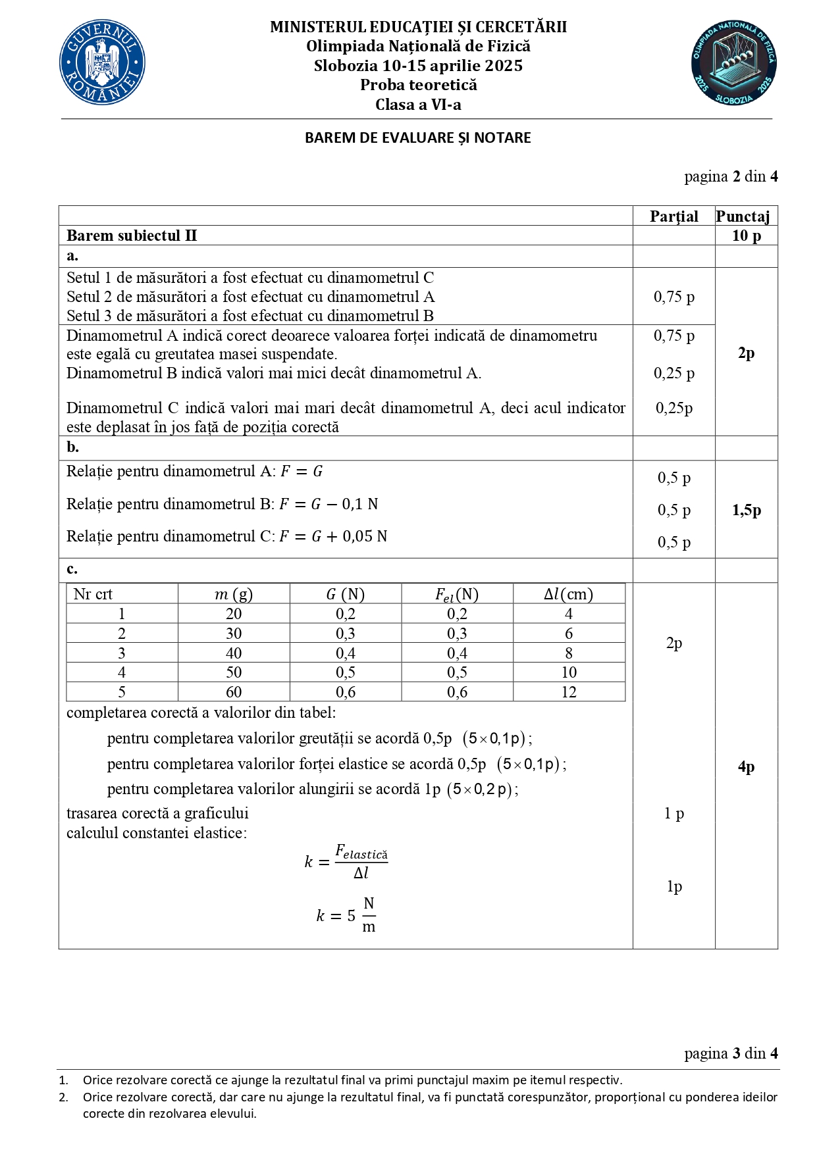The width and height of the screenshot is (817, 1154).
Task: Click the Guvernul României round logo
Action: click(102, 63)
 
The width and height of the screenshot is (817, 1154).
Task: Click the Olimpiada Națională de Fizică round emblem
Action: click(733, 63)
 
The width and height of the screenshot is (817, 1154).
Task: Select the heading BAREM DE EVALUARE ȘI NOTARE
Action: click(417, 138)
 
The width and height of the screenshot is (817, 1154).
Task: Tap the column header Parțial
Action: click(673, 216)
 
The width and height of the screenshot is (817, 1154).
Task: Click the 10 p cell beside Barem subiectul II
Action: click(746, 236)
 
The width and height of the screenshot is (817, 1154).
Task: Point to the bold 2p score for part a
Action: click(746, 353)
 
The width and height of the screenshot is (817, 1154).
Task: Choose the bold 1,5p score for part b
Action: click(746, 510)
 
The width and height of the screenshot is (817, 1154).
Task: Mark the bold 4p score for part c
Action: click(746, 766)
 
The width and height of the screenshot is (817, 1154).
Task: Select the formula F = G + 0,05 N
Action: click(333, 537)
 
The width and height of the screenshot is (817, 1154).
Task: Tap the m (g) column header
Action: click(234, 594)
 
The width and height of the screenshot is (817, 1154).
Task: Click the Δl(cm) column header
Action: click(568, 594)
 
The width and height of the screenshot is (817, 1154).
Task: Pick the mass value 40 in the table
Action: click(234, 653)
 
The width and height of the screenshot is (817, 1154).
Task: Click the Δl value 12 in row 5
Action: click(569, 692)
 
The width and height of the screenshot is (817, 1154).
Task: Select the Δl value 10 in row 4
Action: click(569, 672)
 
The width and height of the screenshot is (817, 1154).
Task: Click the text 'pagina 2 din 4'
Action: click(731, 176)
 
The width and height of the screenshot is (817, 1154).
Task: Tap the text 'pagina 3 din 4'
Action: click(731, 1053)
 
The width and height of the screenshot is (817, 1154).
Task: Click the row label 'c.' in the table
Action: click(72, 569)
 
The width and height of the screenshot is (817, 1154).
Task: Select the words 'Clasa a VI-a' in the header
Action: click(418, 105)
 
